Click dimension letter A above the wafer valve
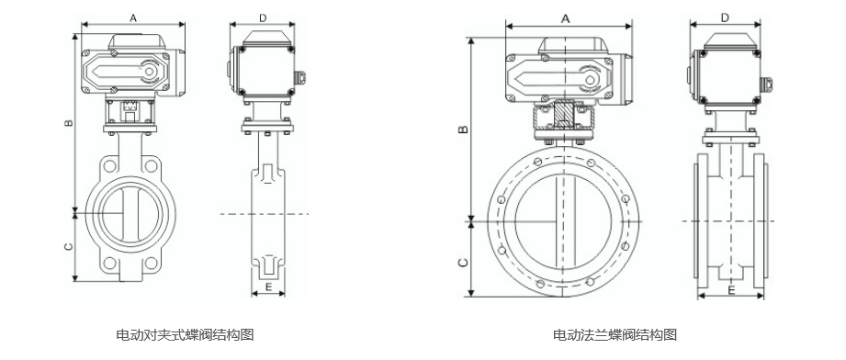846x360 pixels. point(132,17)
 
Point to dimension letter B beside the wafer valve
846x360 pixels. point(69,123)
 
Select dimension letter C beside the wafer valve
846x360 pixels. point(69,247)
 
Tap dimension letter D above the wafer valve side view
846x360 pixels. point(263,17)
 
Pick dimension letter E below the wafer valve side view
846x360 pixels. point(268,287)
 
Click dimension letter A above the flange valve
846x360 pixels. point(566,19)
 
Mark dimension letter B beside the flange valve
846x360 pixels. point(464,129)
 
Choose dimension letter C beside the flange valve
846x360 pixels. point(464,263)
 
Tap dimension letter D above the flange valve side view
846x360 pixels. point(725,17)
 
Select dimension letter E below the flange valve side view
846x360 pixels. point(731,290)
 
